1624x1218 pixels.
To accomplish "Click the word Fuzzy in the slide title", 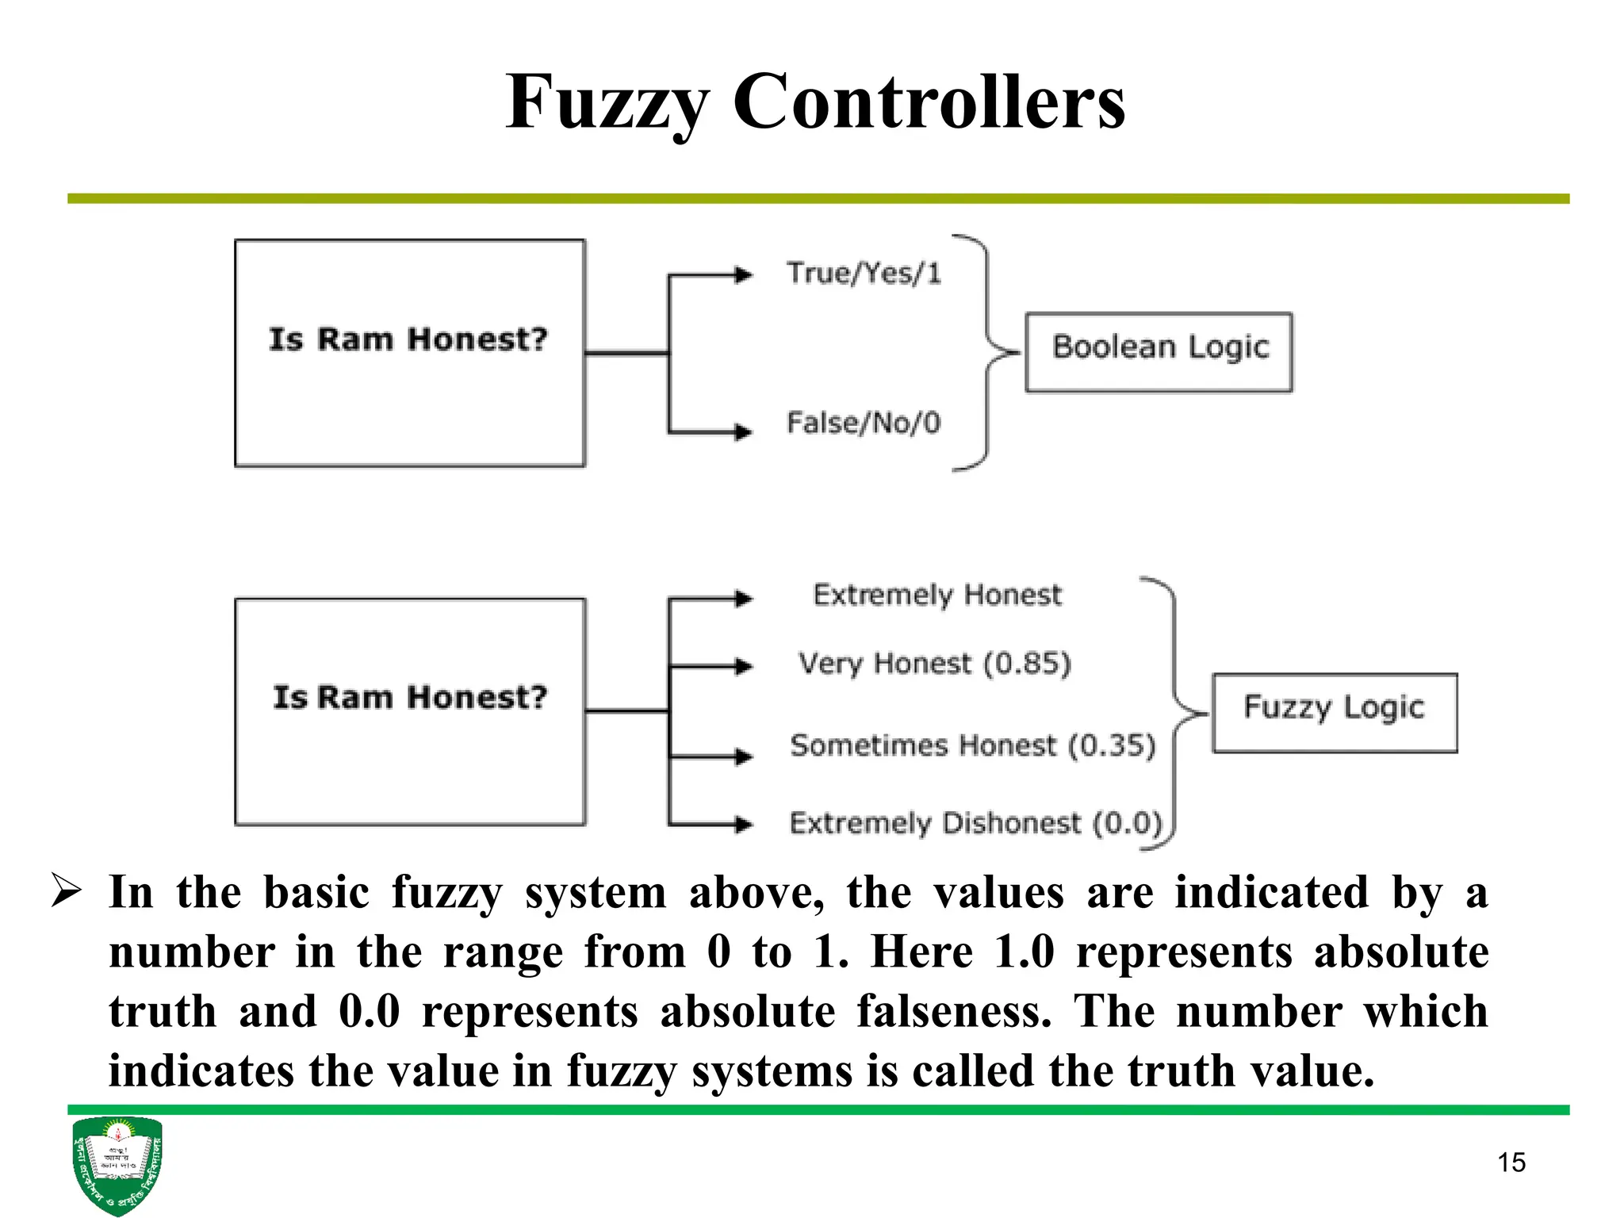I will point(607,103).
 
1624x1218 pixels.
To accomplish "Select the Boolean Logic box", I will point(1159,351).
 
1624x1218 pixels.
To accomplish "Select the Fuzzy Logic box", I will point(1335,712).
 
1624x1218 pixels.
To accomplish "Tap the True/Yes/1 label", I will point(864,274).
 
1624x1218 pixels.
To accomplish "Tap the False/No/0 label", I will point(863,423).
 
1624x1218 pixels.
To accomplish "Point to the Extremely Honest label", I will point(936,595).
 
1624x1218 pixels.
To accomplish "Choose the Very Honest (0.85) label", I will point(934,664).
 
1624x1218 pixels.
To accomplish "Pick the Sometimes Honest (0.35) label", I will point(972,745).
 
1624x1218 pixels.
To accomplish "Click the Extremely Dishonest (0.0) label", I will point(975,823).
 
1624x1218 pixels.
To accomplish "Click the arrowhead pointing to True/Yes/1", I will point(743,275).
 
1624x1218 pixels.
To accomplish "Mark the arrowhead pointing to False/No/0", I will point(743,432).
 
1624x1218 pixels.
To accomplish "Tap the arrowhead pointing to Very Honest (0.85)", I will point(743,666).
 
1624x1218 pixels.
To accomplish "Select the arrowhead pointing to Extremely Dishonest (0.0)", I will point(743,825).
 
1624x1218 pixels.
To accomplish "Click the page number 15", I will point(1511,1162).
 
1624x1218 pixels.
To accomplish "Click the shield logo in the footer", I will point(117,1165).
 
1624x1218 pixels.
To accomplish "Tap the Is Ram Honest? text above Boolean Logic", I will point(408,339).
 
